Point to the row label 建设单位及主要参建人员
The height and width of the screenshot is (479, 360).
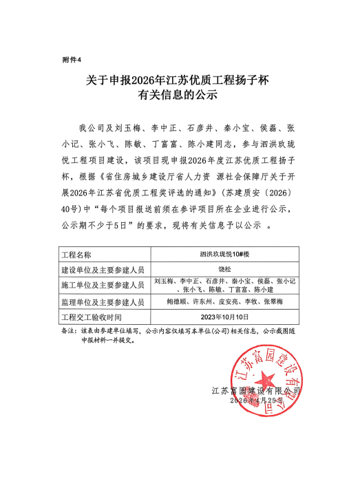(102, 268)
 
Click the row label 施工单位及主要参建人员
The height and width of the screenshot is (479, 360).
(102, 285)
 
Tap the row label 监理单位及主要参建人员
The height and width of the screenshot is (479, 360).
(102, 302)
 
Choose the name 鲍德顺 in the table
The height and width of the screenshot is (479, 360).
(177, 302)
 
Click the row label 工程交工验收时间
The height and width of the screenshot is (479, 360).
(92, 317)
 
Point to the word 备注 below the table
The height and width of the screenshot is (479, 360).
(68, 330)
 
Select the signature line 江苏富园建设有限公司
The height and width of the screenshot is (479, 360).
(257, 390)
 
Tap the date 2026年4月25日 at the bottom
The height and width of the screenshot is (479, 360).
(257, 400)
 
